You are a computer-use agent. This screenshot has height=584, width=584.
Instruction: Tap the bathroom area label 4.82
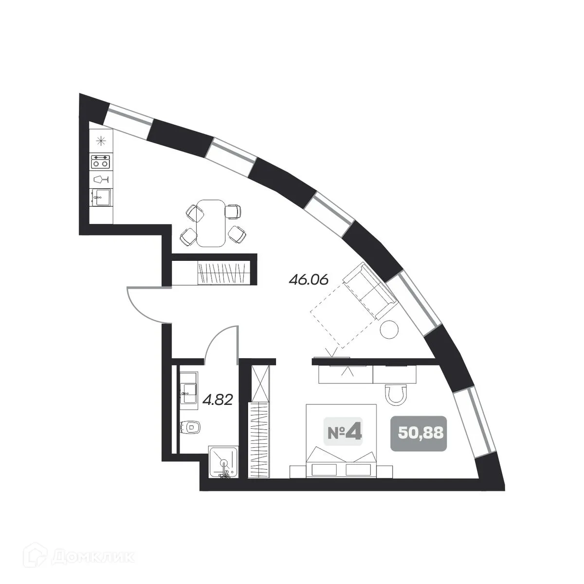(x=218, y=400)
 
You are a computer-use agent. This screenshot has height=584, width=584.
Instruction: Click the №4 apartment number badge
(x=345, y=432)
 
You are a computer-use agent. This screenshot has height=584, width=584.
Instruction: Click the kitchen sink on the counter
(x=101, y=198)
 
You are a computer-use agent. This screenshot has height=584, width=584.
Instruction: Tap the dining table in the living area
(x=211, y=223)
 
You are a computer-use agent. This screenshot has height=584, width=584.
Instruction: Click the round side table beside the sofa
(x=389, y=329)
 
